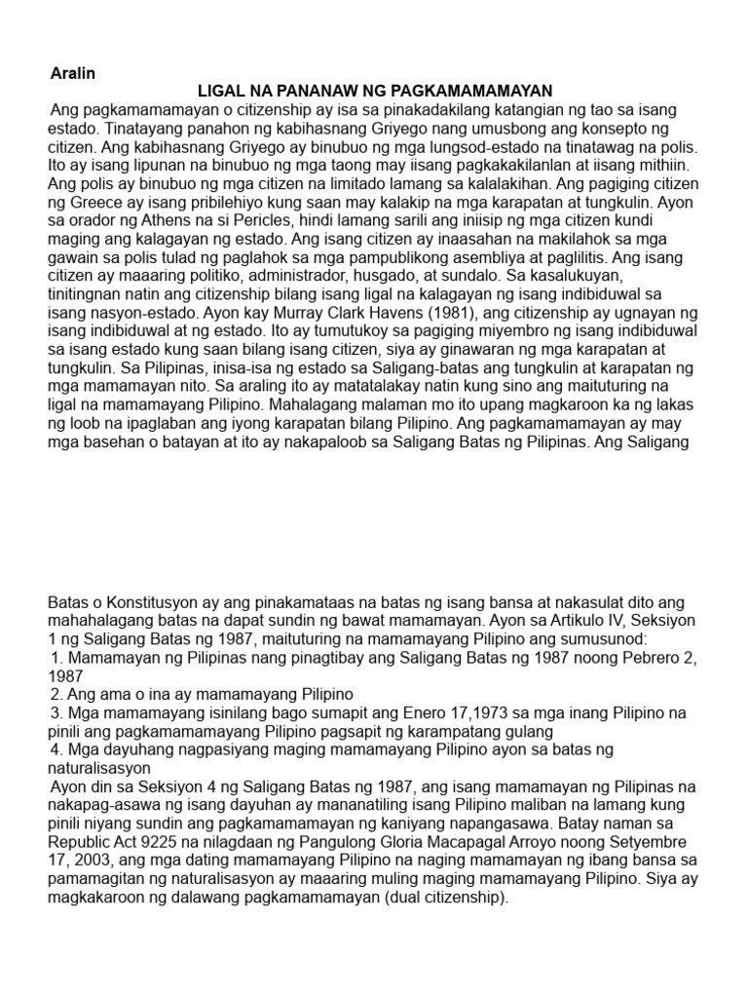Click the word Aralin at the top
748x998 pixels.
tap(73, 73)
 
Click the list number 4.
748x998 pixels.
tap(55, 749)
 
